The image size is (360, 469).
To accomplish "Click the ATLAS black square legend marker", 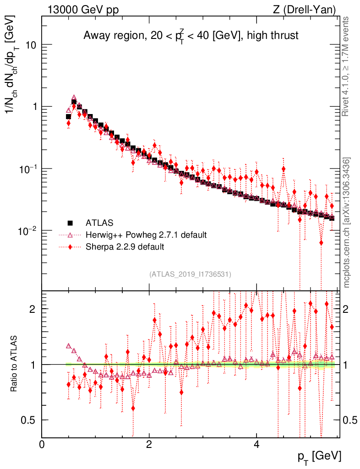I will click(70, 223).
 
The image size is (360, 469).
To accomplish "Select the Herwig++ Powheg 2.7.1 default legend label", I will click(146, 235).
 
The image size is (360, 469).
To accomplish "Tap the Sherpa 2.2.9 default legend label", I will click(125, 247).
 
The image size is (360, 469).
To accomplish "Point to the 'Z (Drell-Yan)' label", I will click(309, 9).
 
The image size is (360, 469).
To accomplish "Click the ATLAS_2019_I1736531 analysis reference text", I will click(190, 274).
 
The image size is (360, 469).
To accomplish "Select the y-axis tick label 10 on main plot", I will click(31, 45).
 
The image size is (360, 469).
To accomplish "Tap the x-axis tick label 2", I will click(149, 445).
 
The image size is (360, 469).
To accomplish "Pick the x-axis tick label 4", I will click(256, 445).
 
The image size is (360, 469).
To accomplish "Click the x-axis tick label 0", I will click(42, 445).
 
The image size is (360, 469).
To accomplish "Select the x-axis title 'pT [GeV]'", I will click(318, 457).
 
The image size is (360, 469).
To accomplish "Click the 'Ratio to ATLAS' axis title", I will click(15, 364).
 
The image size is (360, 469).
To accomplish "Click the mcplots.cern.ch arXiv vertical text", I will click(347, 223).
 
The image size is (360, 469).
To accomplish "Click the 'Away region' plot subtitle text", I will click(191, 36).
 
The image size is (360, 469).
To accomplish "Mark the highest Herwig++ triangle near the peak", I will click(74, 98).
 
